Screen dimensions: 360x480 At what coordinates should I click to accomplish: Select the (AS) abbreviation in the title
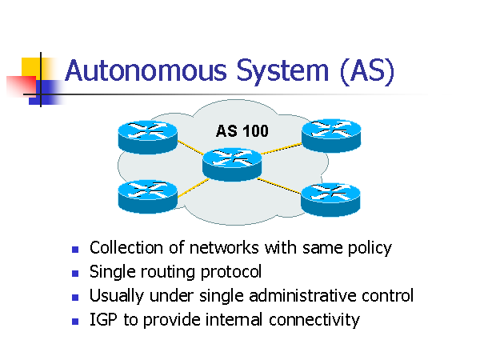click(366, 70)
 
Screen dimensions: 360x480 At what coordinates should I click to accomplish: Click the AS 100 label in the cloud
click(242, 130)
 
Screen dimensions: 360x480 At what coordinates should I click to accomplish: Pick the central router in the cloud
click(232, 162)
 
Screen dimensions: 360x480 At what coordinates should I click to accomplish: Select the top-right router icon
click(330, 134)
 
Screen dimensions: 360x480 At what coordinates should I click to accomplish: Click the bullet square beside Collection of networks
click(75, 250)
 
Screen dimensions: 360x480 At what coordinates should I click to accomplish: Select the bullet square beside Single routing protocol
click(75, 274)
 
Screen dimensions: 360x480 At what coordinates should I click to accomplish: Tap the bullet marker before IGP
click(75, 322)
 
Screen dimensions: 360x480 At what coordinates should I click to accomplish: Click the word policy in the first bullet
click(369, 248)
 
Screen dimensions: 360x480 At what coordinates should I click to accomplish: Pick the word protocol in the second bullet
click(231, 272)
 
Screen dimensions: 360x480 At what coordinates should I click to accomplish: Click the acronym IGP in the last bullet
click(103, 320)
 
